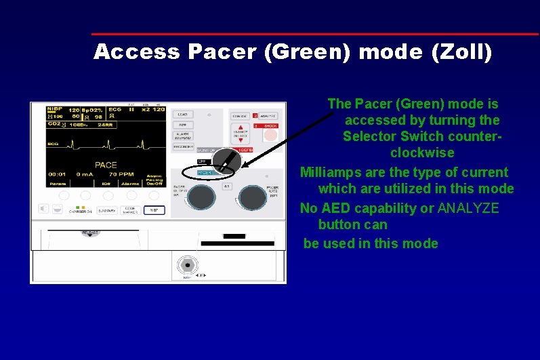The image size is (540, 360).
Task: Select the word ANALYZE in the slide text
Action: tap(468, 208)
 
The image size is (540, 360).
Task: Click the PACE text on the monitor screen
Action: tap(106, 165)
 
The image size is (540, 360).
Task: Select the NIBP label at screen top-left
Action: tap(55, 108)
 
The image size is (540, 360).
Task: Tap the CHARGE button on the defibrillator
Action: tap(240, 115)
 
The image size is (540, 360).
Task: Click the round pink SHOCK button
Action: tap(270, 135)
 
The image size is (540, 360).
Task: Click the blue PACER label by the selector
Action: tap(205, 173)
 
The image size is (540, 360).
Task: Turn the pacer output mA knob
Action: tap(201, 197)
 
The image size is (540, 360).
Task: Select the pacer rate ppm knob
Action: tap(252, 197)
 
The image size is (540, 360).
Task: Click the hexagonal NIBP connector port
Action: tap(185, 265)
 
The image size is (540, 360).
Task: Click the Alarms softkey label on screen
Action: tap(131, 183)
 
